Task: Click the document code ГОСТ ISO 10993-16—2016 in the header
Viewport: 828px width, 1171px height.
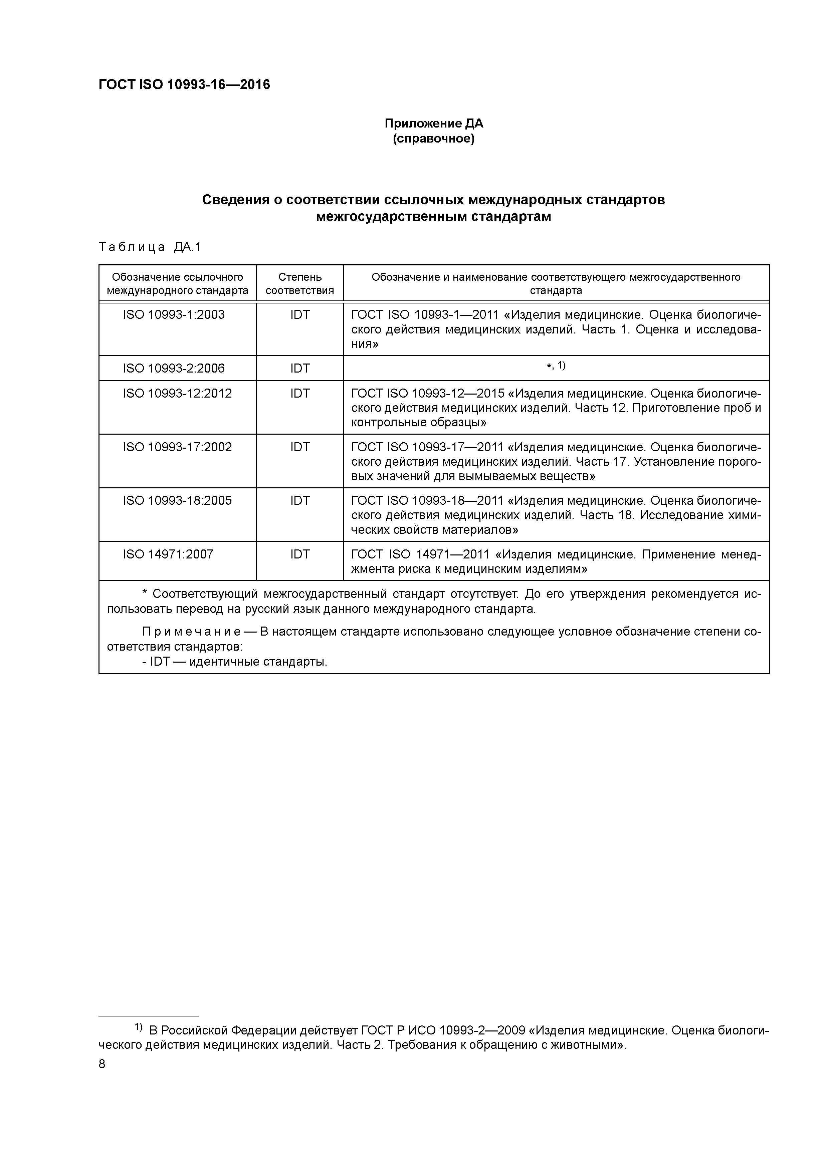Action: click(x=184, y=85)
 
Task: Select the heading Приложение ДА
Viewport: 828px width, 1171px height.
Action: click(x=434, y=124)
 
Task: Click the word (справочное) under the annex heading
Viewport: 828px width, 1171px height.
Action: click(x=434, y=139)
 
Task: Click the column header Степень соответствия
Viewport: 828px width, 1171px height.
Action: click(x=300, y=283)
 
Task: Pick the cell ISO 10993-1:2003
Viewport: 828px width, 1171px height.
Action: click(x=174, y=315)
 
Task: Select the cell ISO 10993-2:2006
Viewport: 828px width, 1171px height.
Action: click(x=174, y=368)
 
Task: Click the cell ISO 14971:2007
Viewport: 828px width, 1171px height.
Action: click(x=168, y=554)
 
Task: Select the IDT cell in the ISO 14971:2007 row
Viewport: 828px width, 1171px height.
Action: click(x=300, y=554)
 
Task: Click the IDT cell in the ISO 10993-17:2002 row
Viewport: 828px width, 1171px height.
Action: click(x=300, y=447)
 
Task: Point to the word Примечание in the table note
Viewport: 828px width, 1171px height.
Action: click(x=191, y=632)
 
